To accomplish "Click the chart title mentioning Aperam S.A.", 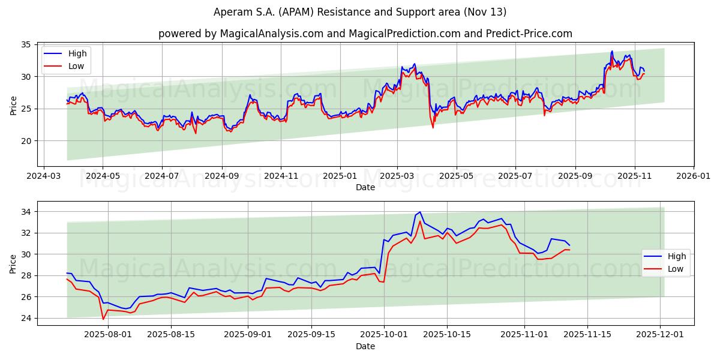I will click(360, 12).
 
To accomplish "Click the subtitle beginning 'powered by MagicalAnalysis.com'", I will click(365, 34).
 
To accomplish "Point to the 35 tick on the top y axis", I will click(27, 44).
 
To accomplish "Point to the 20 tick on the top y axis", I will click(27, 141).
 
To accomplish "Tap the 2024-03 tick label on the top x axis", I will click(43, 177).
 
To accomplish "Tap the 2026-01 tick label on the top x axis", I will click(694, 177).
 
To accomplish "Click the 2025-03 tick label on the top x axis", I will click(397, 177).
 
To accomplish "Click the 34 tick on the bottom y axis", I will click(27, 212).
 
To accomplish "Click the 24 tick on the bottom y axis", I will click(27, 318).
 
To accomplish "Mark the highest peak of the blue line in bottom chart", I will click(420, 212).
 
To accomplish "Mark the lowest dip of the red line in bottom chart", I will click(103, 319).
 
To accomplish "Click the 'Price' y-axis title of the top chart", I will click(13, 104).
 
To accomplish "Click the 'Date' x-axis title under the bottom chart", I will click(365, 347).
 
